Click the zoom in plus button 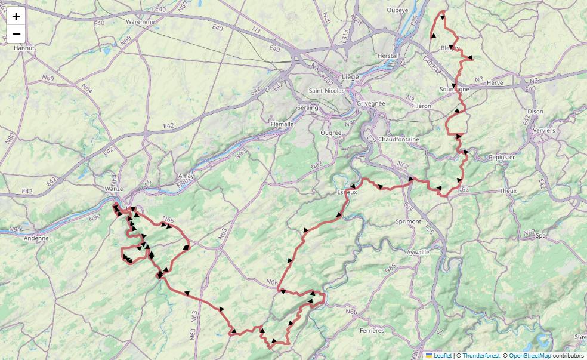(16, 16)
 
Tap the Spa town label (541, 236)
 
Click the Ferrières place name (372, 330)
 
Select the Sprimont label (408, 221)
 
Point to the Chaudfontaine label (399, 139)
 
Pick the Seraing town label (308, 107)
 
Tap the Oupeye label (397, 10)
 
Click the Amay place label (187, 176)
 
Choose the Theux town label (508, 191)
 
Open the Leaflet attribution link (443, 355)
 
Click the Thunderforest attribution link (480, 355)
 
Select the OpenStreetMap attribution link (530, 355)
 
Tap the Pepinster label (501, 157)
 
